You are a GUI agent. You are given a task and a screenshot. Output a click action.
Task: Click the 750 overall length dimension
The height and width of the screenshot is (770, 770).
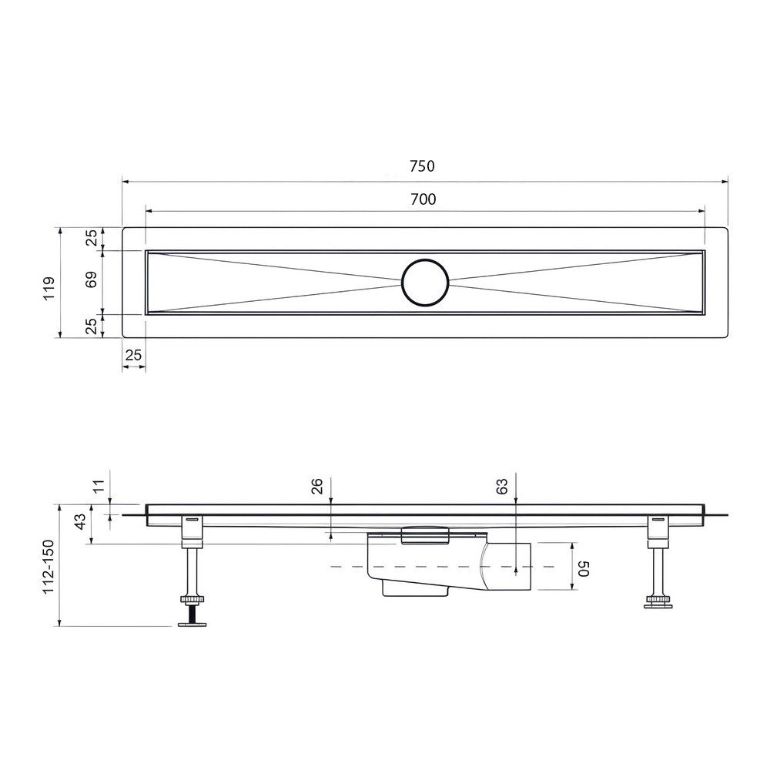[422, 166]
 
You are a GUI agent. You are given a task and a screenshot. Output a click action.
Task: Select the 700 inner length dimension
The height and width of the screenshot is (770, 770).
[423, 199]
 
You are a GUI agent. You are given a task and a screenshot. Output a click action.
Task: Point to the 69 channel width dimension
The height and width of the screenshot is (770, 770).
[92, 279]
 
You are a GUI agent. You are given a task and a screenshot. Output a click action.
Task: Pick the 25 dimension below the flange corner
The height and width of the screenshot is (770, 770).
[133, 354]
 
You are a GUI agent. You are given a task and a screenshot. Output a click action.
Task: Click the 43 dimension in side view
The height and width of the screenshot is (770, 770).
[79, 521]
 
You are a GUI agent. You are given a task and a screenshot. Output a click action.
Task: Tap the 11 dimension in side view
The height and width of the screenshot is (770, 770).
[99, 486]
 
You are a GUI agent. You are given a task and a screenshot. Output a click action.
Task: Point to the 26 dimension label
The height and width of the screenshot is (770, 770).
[317, 486]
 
